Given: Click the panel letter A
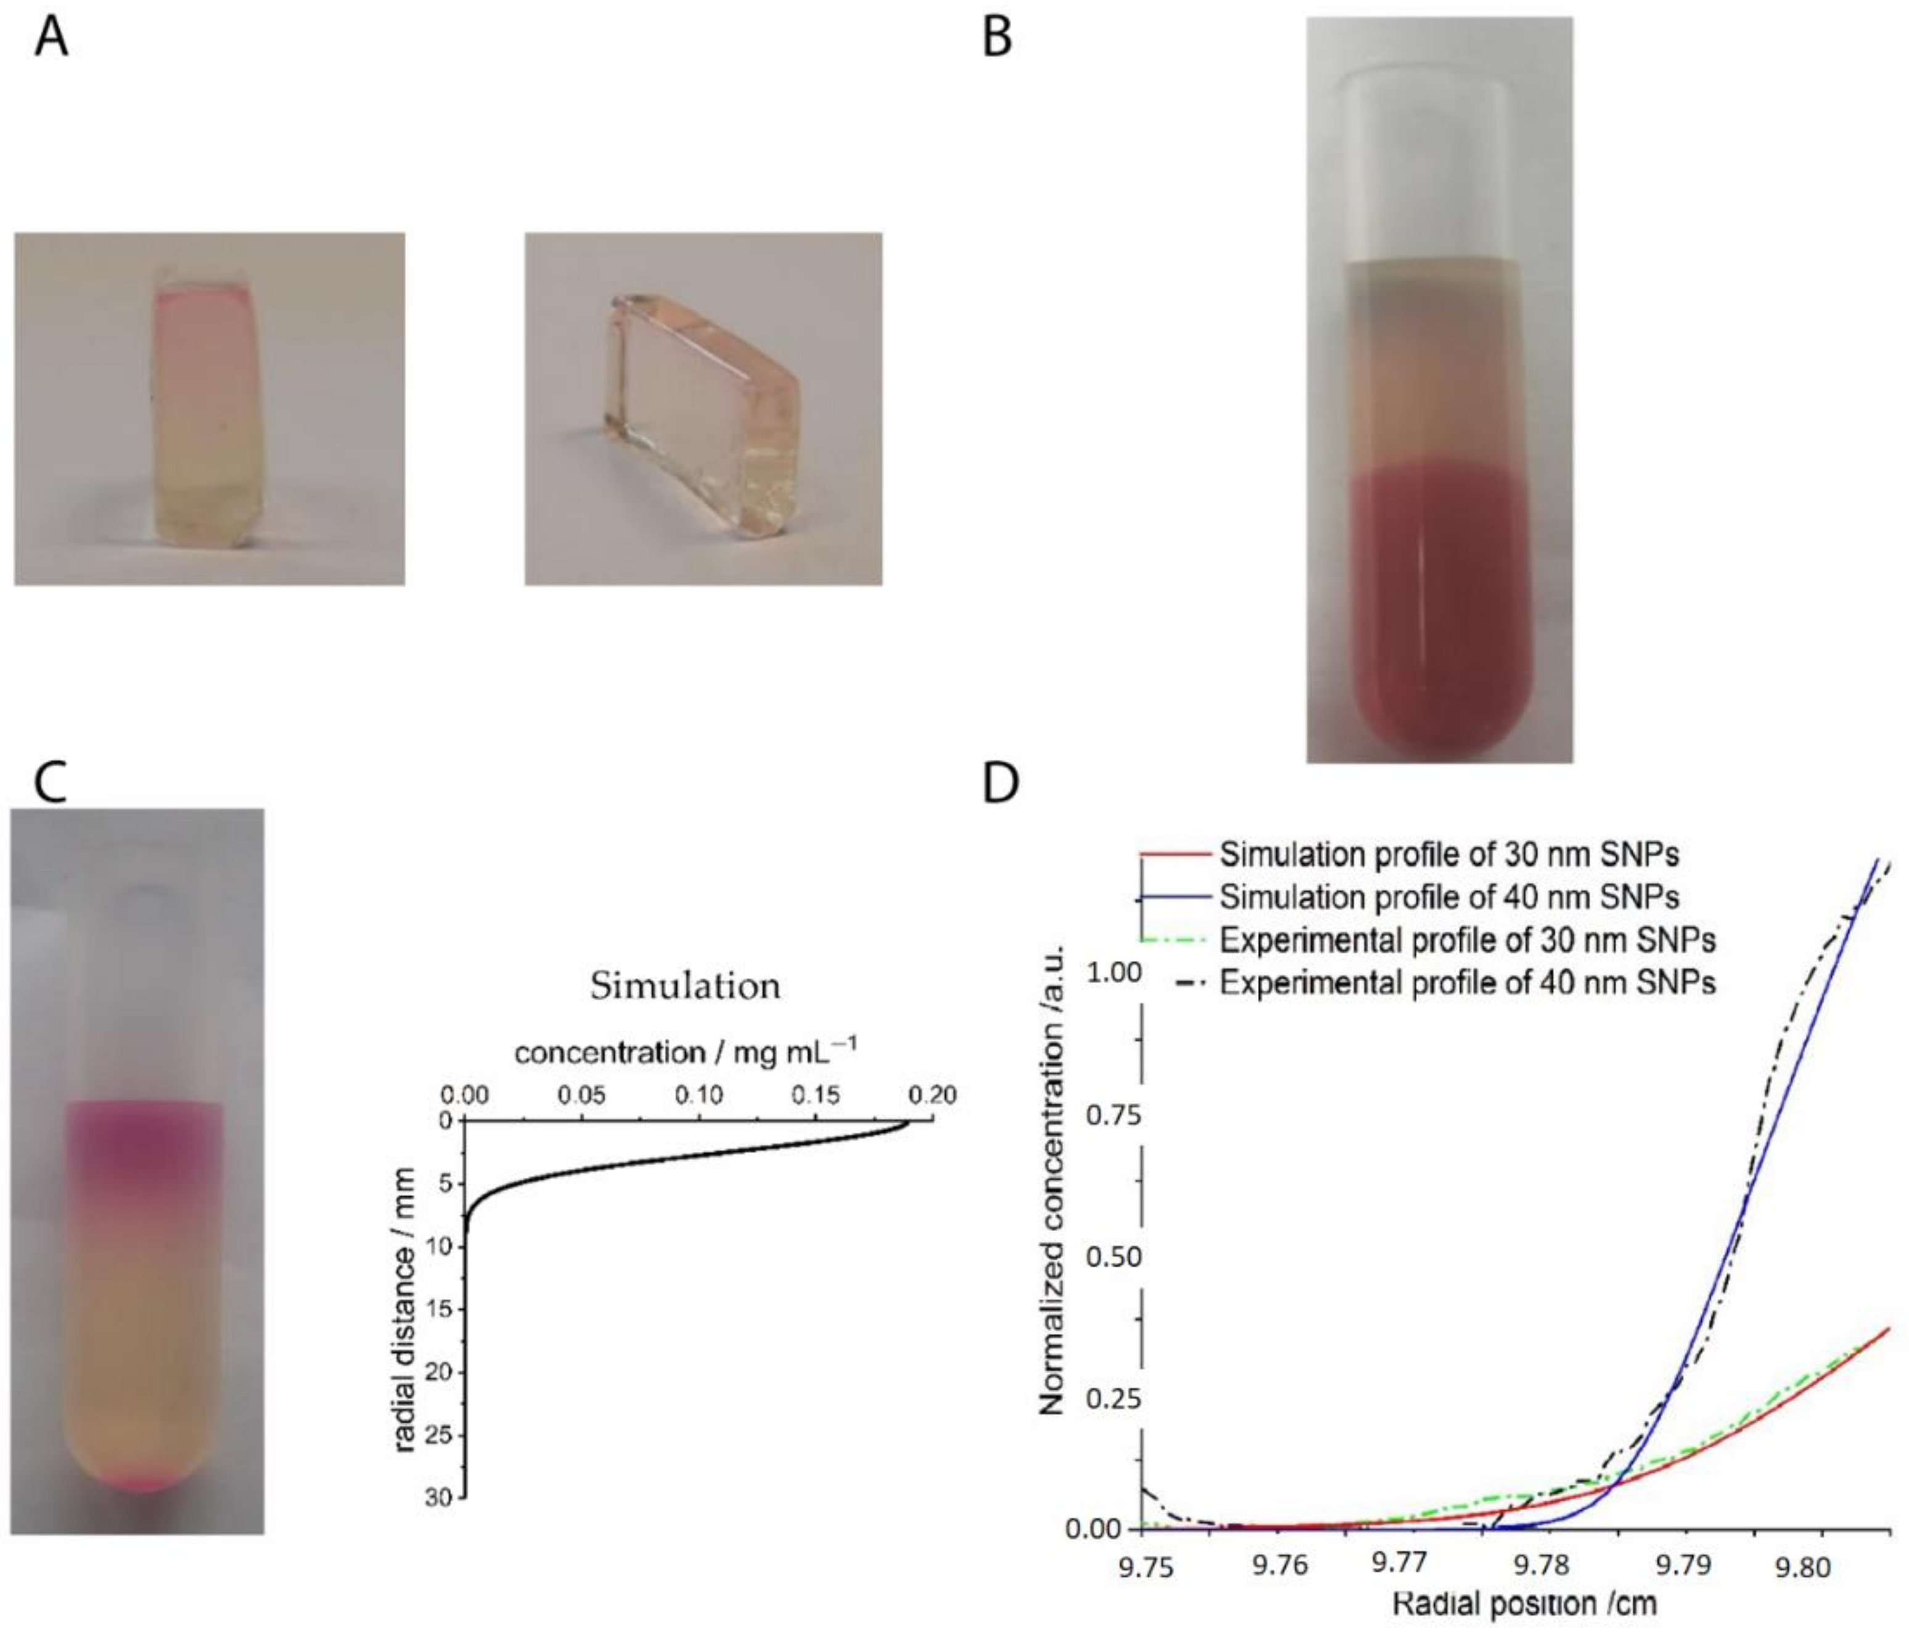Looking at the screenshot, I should (52, 39).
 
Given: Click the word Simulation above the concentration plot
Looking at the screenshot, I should (684, 986).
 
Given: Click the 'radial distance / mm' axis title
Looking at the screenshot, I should (403, 1310).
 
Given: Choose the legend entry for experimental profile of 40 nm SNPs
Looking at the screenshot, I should (1467, 983).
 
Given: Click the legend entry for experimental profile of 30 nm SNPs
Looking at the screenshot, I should (1467, 940).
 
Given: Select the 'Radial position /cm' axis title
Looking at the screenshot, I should (1524, 1604).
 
